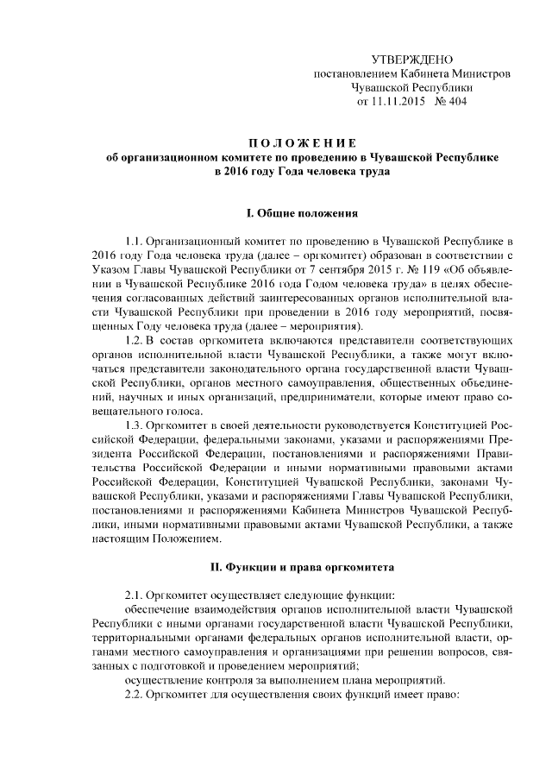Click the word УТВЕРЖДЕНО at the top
(411, 60)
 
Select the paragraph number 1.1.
(135, 240)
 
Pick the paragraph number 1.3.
(135, 426)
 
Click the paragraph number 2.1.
(135, 595)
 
